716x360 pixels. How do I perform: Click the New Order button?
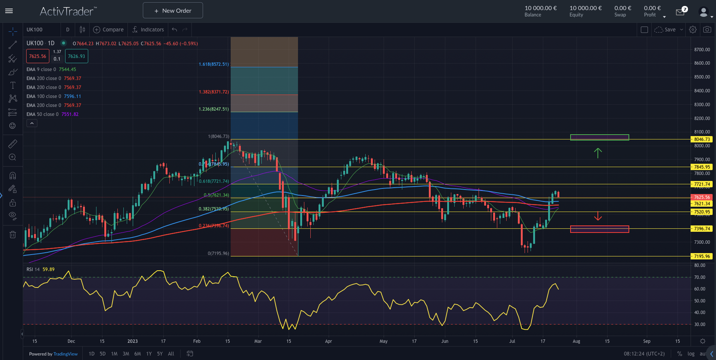coord(173,10)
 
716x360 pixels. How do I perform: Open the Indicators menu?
coord(148,30)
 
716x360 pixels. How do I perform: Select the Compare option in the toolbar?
coord(108,30)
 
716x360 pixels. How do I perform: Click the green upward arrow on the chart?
coord(597,153)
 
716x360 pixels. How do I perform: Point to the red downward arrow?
coord(597,216)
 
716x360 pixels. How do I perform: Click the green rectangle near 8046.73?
coord(599,137)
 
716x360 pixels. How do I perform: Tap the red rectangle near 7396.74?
coord(599,229)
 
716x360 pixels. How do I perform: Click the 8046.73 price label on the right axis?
coord(701,139)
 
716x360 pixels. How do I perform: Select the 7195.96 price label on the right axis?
coord(701,256)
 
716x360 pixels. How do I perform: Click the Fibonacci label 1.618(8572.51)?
coord(213,64)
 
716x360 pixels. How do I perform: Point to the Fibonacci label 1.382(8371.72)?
coord(213,92)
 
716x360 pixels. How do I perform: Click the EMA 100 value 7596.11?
coord(72,96)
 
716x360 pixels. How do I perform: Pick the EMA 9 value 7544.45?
coord(67,70)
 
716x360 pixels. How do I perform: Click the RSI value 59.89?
coord(49,269)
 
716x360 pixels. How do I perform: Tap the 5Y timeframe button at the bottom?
coord(160,354)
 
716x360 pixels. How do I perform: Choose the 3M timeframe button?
coord(126,354)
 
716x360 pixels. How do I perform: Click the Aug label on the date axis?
coord(576,341)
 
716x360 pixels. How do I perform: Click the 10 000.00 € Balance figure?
coord(540,8)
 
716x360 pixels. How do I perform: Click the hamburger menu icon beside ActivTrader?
coord(9,11)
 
